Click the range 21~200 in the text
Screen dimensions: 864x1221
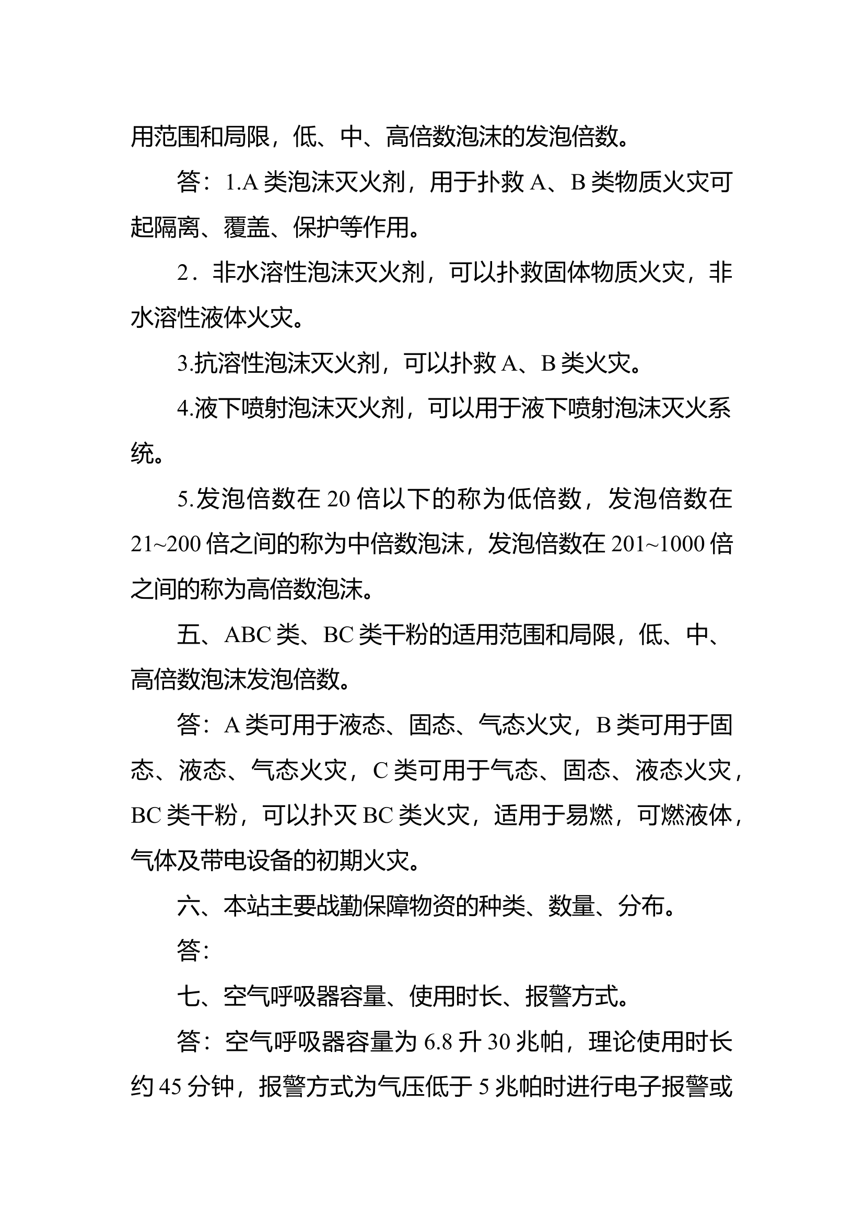pyautogui.click(x=166, y=544)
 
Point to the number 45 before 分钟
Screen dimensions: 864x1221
pyautogui.click(x=170, y=1087)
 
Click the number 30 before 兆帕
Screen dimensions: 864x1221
pyautogui.click(x=498, y=1042)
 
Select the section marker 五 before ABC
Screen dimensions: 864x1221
pyautogui.click(x=189, y=634)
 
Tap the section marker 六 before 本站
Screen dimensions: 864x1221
pyautogui.click(x=189, y=906)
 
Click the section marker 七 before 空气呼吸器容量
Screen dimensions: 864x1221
pyautogui.click(x=189, y=996)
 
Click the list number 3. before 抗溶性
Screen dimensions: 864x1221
pyautogui.click(x=184, y=363)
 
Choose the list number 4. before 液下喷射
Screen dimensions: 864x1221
pyautogui.click(x=184, y=408)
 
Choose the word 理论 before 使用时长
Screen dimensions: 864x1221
pyautogui.click(x=612, y=1042)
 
